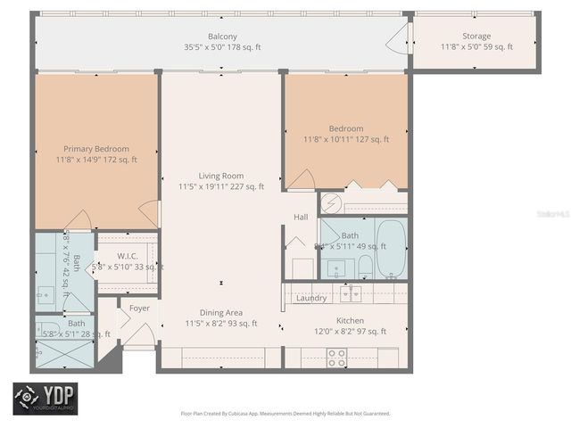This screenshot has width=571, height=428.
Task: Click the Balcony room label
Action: pyautogui.click(x=222, y=37)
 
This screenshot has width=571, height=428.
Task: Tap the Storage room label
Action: pyautogui.click(x=477, y=37)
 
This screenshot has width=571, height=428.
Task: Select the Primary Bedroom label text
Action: pyautogui.click(x=96, y=149)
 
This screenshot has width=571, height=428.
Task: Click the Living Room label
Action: pyautogui.click(x=221, y=176)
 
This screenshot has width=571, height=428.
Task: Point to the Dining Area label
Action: pyautogui.click(x=221, y=313)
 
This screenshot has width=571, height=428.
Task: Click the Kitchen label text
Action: pyautogui.click(x=350, y=320)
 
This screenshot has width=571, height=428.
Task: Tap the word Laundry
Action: pyautogui.click(x=311, y=298)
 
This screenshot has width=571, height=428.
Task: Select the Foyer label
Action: pyautogui.click(x=140, y=309)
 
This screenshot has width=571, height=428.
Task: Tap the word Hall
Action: pyautogui.click(x=301, y=218)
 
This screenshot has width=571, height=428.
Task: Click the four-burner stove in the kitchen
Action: pyautogui.click(x=336, y=357)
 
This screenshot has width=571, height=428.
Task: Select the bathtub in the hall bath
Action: pyautogui.click(x=390, y=248)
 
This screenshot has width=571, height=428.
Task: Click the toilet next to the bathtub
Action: pyautogui.click(x=364, y=265)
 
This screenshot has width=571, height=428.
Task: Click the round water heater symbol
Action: pyautogui.click(x=330, y=202)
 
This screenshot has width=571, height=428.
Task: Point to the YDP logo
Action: pyautogui.click(x=45, y=399)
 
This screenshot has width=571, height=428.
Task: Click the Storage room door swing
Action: pyautogui.click(x=399, y=40)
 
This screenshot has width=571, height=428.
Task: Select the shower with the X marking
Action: pyautogui.click(x=63, y=352)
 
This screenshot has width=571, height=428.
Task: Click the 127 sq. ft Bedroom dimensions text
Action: pyautogui.click(x=346, y=139)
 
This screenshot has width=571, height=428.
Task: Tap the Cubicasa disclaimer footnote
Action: pyautogui.click(x=285, y=413)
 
